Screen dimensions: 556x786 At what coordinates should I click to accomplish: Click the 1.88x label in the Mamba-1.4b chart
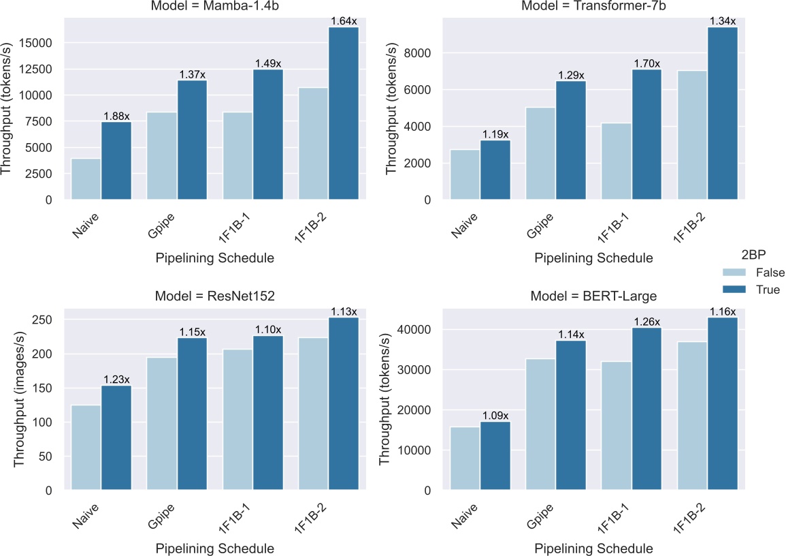pyautogui.click(x=116, y=117)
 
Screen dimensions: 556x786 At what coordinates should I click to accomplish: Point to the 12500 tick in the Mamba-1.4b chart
pyautogui.click(x=44, y=69)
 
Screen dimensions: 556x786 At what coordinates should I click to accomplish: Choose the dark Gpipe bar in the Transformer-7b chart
pyautogui.click(x=571, y=140)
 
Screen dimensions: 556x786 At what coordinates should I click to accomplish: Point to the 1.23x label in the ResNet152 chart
pyautogui.click(x=116, y=380)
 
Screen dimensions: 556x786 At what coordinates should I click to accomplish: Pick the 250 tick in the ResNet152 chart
pyautogui.click(x=47, y=320)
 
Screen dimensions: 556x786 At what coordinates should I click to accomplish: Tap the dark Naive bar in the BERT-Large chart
pyautogui.click(x=495, y=456)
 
